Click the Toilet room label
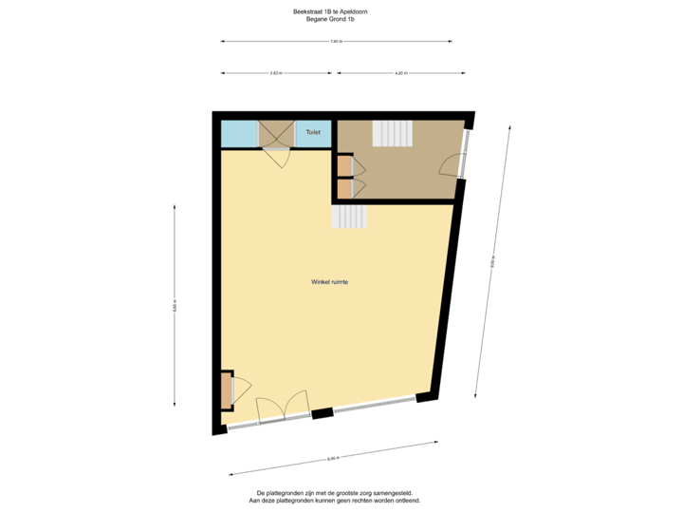click(313, 133)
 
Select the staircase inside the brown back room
click(392, 133)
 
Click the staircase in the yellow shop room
click(349, 218)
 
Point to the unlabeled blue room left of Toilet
click(239, 134)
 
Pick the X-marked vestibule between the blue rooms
click(276, 134)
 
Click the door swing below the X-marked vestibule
click(278, 159)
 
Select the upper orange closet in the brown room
click(343, 165)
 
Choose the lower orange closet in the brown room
click(343, 187)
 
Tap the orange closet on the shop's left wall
click(227, 389)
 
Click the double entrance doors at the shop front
click(284, 408)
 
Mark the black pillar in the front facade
click(323, 413)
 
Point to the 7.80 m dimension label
click(336, 42)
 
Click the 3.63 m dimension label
click(276, 73)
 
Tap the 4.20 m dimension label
click(400, 73)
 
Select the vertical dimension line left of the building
click(175, 304)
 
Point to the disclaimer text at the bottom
click(338, 496)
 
